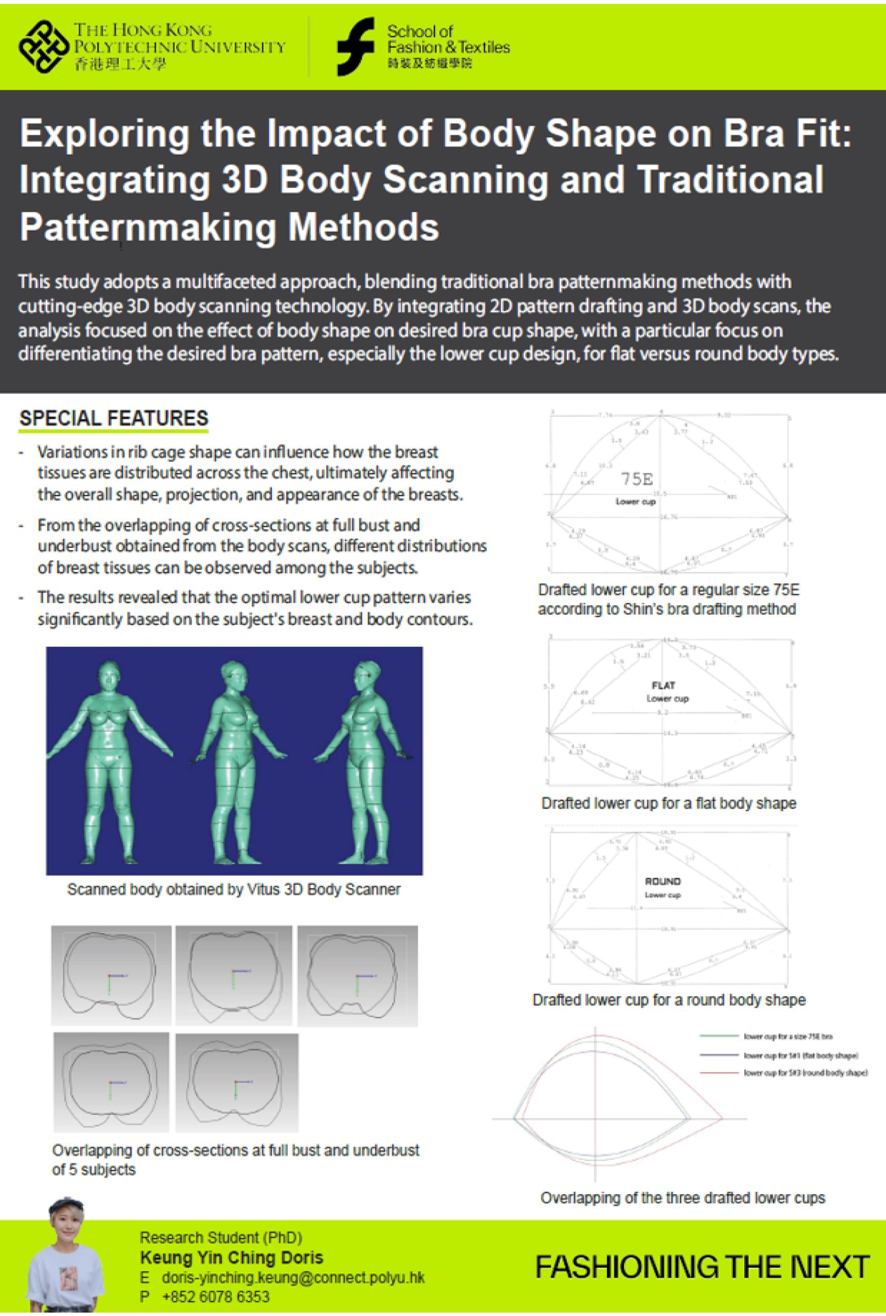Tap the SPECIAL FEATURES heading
(x=114, y=418)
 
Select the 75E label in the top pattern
(x=637, y=479)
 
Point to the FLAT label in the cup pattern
(x=663, y=685)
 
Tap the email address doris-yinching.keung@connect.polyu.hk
(x=293, y=1277)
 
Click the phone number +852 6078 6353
(x=215, y=1296)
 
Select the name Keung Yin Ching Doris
(x=232, y=1258)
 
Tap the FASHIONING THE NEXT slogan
(x=702, y=1267)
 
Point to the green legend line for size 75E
(x=719, y=1036)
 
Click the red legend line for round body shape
(x=719, y=1072)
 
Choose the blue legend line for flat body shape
(x=719, y=1055)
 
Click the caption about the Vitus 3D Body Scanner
(x=233, y=889)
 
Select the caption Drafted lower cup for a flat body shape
(x=669, y=803)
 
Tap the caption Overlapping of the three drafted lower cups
(x=682, y=1197)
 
